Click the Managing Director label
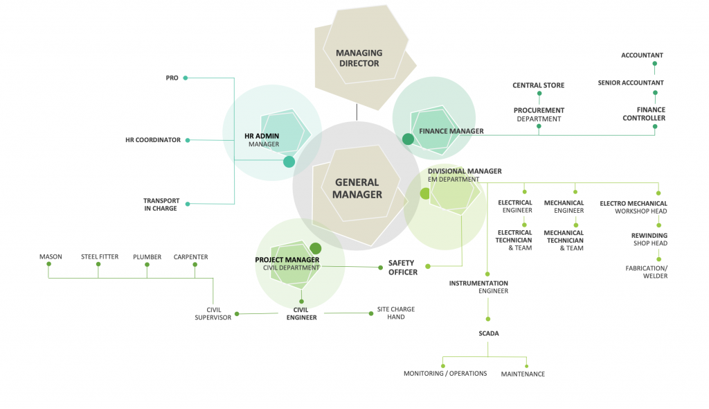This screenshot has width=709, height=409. pos(359,58)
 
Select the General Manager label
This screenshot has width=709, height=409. pos(357,189)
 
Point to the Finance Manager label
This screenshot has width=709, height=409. pos(451,131)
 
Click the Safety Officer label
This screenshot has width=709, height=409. pos(402,268)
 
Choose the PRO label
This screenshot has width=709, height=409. pos(172,78)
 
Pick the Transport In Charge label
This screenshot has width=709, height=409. pos(161,204)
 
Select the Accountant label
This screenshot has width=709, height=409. pos(642,55)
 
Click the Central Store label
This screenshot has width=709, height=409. pos(538,86)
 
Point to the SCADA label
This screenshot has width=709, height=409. pos(489,333)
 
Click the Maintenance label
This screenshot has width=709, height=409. pos(523,374)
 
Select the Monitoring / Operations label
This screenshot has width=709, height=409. pos(445,374)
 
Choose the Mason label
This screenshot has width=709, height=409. pos(51,257)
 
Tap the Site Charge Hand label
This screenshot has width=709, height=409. pos(396,313)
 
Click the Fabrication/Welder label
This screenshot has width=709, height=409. pos(646,272)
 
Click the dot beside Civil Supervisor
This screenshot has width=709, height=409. pos(237,314)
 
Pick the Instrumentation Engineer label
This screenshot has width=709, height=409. pos(478,287)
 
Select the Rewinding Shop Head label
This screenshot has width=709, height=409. pos(649,239)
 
